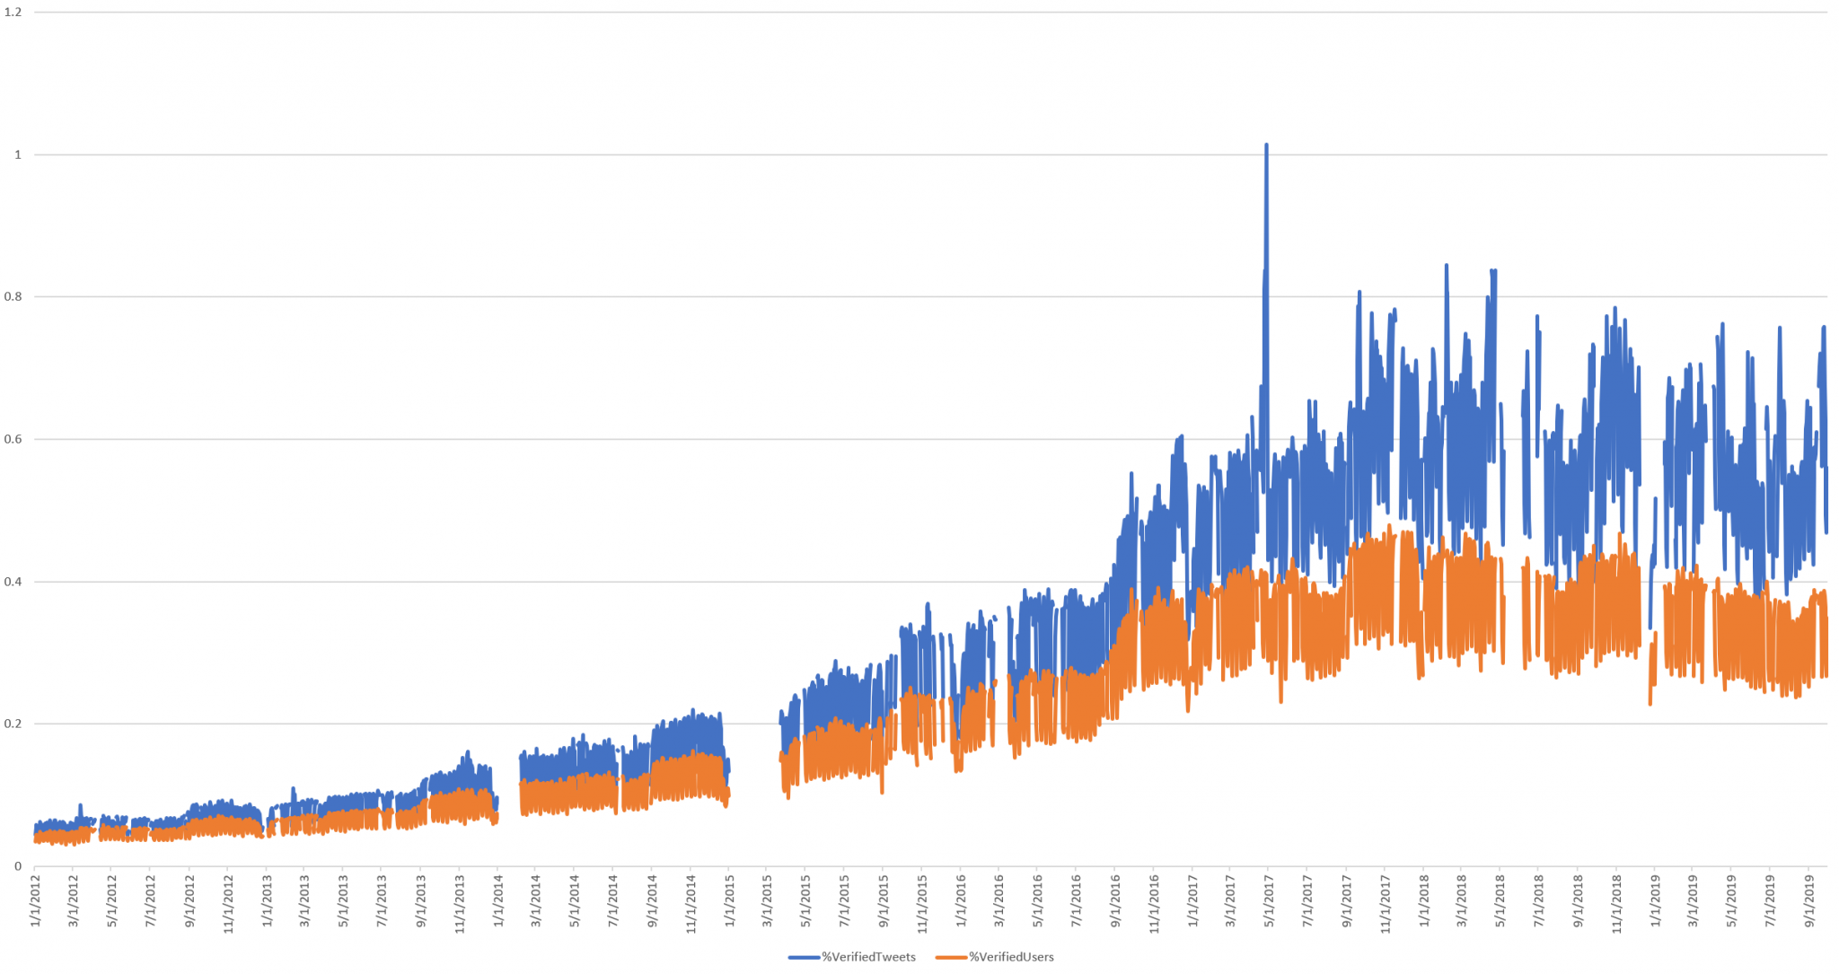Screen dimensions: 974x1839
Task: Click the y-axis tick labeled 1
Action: (18, 155)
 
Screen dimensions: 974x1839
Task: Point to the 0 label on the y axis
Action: (18, 866)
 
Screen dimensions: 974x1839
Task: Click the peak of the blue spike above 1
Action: (1266, 145)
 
